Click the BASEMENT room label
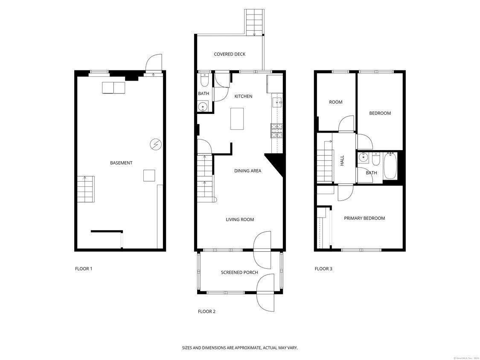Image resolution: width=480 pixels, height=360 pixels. (121, 163)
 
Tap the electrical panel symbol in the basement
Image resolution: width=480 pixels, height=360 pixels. (156, 145)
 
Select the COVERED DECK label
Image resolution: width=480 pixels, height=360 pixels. (230, 54)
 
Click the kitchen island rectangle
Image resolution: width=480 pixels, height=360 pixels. (237, 119)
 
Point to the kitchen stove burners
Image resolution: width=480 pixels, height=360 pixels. (276, 130)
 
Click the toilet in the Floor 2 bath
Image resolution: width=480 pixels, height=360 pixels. (204, 80)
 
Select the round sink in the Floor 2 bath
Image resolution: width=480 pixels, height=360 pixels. (203, 107)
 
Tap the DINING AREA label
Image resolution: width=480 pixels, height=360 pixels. (247, 171)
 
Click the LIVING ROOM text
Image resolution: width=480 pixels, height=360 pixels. (240, 220)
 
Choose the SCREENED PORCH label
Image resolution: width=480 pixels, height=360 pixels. (239, 273)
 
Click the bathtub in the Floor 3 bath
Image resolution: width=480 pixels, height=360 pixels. (390, 166)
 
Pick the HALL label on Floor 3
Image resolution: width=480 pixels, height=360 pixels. (342, 160)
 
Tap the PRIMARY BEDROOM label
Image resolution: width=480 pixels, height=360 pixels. (364, 218)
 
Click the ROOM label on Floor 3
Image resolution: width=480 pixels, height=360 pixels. (336, 102)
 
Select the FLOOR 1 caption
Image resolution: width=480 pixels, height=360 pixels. (84, 269)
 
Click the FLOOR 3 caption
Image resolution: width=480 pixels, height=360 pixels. (323, 269)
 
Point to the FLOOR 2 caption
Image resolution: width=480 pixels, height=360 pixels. (207, 311)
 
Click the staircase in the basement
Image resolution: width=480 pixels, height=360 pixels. (86, 189)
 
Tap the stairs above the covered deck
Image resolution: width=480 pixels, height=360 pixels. (254, 22)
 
